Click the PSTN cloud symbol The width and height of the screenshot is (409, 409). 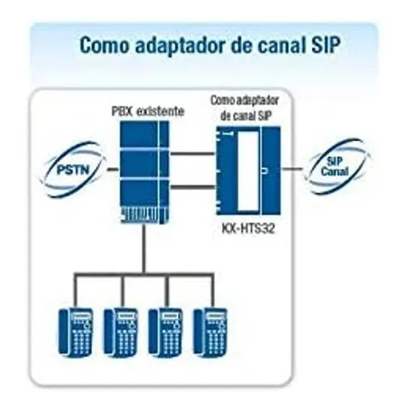coord(73,170)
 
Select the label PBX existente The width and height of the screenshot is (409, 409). coord(148,112)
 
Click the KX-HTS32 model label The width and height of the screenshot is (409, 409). coord(248,229)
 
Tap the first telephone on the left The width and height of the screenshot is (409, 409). coord(76,333)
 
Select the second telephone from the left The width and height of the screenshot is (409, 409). coord(121,333)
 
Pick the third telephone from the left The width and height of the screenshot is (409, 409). coord(166,333)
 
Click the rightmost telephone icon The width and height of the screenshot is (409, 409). coord(210,333)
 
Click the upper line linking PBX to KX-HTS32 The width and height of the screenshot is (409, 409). coord(192,153)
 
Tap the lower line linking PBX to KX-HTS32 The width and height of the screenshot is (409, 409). coord(192,186)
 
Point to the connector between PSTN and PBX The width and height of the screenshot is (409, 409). coord(112,169)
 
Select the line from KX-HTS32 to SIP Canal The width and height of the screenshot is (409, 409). coord(292,169)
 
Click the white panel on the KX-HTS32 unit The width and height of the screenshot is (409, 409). coord(248,171)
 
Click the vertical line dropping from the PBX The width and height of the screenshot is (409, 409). coord(144,249)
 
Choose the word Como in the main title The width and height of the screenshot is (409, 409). coord(104,45)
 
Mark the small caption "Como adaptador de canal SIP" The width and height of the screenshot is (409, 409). coord(245,108)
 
